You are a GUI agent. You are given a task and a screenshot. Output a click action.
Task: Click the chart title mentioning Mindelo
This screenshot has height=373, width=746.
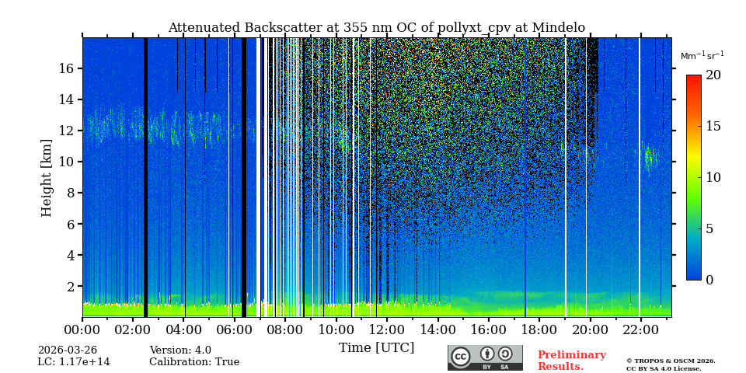coord(376,28)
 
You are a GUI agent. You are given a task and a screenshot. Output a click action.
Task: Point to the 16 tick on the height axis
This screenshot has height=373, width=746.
coord(65,69)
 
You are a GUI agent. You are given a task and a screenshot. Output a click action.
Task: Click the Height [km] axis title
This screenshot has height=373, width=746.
coord(47,177)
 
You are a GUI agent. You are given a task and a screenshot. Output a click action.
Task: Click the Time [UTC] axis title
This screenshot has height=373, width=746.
coord(376,347)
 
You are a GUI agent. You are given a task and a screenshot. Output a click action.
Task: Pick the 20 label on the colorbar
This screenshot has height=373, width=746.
coord(713,75)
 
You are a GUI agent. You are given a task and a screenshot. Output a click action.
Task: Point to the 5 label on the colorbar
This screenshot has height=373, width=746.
coord(709,229)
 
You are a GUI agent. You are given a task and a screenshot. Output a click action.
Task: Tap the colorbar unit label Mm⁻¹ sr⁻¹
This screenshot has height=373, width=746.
coord(702,56)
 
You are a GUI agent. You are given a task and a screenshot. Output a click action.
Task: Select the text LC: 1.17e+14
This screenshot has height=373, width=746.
coord(74,362)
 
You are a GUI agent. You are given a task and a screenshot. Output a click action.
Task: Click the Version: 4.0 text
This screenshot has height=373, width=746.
coord(180,350)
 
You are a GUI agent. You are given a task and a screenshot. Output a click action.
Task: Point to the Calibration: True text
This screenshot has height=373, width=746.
coord(194,362)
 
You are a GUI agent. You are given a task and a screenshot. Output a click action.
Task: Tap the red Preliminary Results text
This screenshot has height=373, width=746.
coord(571,361)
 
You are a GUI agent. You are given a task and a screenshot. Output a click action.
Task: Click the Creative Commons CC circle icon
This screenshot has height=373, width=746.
coord(461,357)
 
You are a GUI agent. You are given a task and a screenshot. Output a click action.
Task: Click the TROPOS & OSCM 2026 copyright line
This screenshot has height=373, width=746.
coord(671,361)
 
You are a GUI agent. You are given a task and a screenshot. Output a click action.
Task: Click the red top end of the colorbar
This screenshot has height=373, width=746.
coord(693,78)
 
